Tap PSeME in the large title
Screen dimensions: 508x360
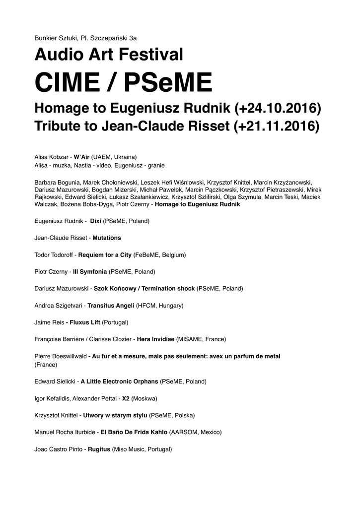click(x=168, y=82)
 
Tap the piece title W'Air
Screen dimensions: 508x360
click(x=81, y=156)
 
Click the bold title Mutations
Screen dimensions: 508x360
click(x=107, y=238)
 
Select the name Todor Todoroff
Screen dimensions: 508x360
click(x=54, y=255)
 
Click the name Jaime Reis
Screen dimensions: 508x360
click(x=49, y=322)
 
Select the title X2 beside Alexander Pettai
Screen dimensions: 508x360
click(x=126, y=398)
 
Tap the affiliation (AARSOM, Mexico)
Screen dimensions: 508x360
click(x=196, y=432)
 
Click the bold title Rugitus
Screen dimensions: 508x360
click(x=99, y=449)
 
